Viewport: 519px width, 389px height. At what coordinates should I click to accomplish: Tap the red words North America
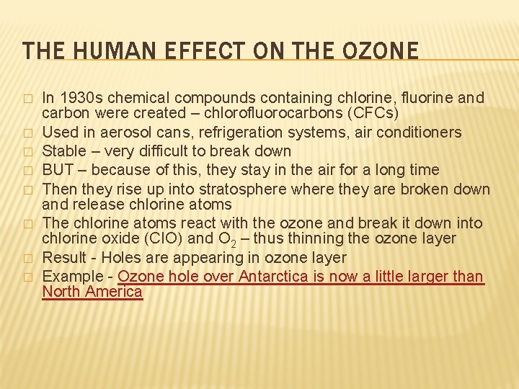pyautogui.click(x=92, y=292)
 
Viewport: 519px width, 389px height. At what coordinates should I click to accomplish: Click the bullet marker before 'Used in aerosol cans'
pyautogui.click(x=27, y=133)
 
